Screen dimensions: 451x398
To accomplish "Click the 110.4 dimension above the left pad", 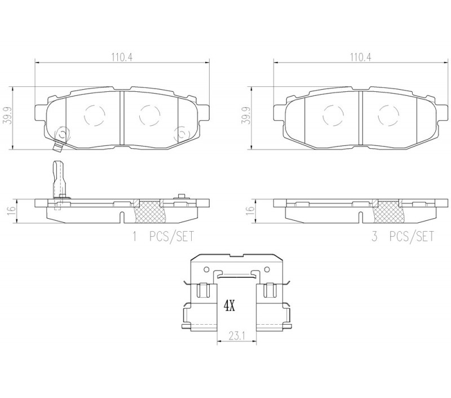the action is pyautogui.click(x=122, y=58).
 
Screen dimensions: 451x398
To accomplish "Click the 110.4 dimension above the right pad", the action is pyautogui.click(x=360, y=58).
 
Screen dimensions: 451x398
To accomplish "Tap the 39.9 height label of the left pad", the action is pyautogui.click(x=7, y=116).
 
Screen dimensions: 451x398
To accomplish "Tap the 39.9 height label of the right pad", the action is pyautogui.click(x=246, y=116).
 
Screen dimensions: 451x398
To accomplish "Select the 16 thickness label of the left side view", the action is pyautogui.click(x=11, y=211).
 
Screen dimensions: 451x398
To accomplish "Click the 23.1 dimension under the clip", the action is pyautogui.click(x=237, y=335).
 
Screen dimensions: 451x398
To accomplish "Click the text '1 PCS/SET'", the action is pyautogui.click(x=163, y=236).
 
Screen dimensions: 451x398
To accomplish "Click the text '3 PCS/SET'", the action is pyautogui.click(x=403, y=236).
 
